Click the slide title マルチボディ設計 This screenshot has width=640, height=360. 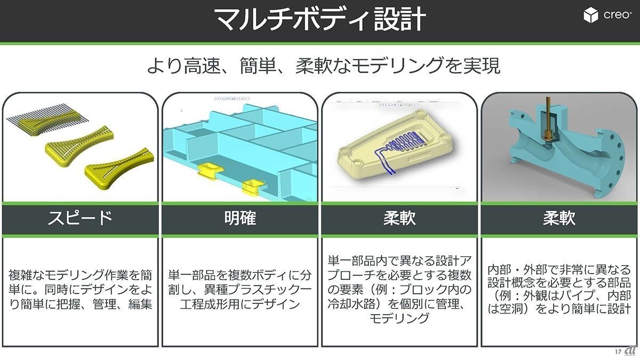319,20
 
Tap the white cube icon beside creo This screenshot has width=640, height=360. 590,15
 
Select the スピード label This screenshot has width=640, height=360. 80,218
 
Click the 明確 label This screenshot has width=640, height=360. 239,218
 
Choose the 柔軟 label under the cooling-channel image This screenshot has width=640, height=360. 399,218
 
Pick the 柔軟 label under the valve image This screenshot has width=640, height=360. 559,218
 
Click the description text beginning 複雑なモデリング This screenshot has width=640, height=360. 80,290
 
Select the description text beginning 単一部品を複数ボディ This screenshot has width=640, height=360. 239,290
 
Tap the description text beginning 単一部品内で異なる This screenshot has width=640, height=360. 399,290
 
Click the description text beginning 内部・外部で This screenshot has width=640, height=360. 559,290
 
